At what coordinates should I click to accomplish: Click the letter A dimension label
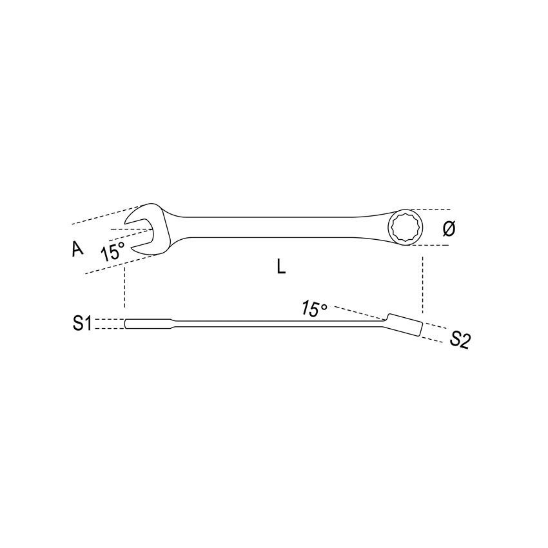pos(78,249)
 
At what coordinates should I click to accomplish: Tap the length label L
pos(280,267)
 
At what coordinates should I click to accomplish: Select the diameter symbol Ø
pos(449,228)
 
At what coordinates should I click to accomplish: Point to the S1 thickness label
pos(82,324)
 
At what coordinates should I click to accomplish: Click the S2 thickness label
pos(459,340)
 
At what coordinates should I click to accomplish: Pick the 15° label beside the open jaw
pos(112,251)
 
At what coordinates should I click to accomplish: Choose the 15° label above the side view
pos(315,309)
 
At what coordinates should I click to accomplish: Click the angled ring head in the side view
pos(404,325)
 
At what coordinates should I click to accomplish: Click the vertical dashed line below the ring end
pos(422,284)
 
